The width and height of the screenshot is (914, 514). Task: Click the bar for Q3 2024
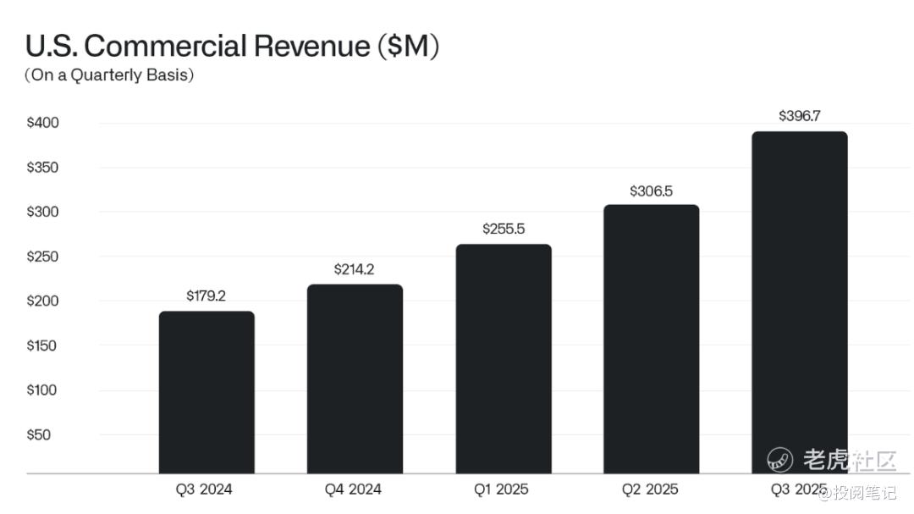[206, 392]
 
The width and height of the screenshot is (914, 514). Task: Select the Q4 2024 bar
[355, 379]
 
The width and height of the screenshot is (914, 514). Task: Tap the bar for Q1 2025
[504, 358]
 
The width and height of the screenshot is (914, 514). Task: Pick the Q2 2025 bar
[651, 339]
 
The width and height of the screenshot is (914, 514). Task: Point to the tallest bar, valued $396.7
[800, 302]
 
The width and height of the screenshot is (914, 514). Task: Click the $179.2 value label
[206, 296]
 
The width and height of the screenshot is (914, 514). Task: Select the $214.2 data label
[354, 269]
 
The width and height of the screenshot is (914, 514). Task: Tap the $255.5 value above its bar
[503, 229]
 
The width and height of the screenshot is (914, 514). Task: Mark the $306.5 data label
[651, 191]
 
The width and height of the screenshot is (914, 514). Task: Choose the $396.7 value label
[800, 116]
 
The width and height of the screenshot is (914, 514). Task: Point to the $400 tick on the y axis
[42, 123]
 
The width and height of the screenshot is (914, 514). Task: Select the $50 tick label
[39, 435]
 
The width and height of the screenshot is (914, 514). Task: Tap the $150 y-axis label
[42, 345]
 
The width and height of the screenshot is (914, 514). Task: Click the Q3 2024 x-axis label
[204, 489]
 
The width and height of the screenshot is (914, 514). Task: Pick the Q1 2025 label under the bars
[501, 489]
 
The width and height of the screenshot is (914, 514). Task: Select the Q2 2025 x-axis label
[650, 489]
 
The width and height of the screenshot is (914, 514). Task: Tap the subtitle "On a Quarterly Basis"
[109, 75]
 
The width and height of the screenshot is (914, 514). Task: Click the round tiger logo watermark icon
[779, 460]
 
